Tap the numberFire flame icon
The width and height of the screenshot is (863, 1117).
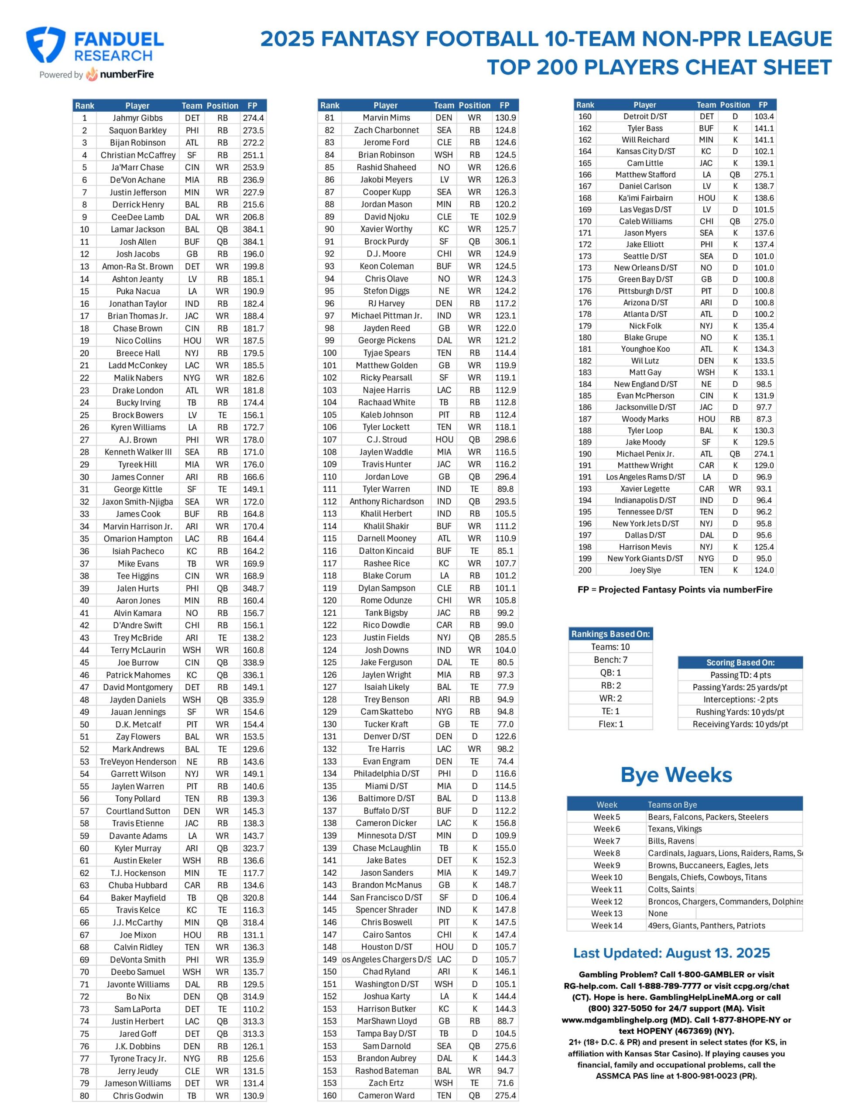coord(92,74)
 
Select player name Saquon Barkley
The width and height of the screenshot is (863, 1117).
coord(137,130)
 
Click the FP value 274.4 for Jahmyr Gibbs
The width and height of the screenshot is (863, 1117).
coord(253,118)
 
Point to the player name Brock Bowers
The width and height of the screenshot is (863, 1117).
coord(137,415)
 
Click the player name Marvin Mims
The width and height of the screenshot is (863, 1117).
coord(386,118)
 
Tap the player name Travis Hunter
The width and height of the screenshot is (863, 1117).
coord(386,464)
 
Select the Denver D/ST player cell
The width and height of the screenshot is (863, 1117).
coord(386,737)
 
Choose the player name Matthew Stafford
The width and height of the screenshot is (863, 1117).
coord(645,175)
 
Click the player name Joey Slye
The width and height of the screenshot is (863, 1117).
coord(645,570)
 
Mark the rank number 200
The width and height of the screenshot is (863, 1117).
coord(585,570)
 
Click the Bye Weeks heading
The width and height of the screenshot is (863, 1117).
coord(676,775)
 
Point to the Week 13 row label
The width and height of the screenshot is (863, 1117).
coord(607,913)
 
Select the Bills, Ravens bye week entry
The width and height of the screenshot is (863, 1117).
coord(671,841)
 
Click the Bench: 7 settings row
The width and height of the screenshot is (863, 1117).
coord(610,660)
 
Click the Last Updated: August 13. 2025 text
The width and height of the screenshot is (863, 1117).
coord(671,953)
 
